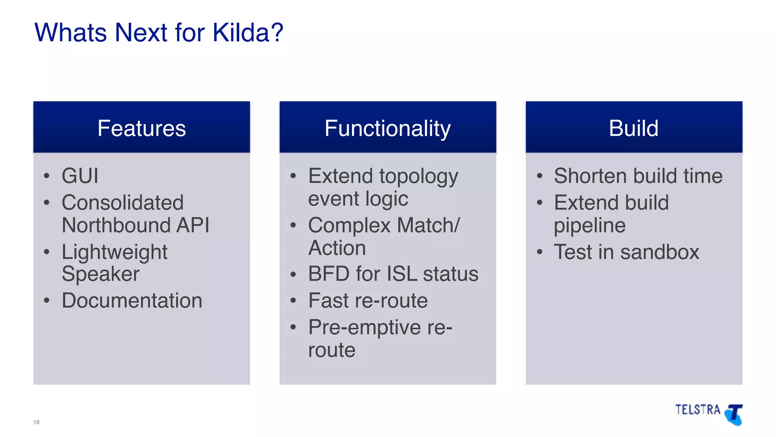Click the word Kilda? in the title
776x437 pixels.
[x=247, y=33]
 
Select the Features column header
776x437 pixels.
[x=141, y=128]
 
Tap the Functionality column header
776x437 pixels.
[x=388, y=128]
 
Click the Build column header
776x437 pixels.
[x=634, y=128]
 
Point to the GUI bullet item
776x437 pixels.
[x=80, y=176]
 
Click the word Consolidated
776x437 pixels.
[x=122, y=202]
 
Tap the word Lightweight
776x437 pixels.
[x=114, y=252]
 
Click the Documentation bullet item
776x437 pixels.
[x=132, y=300]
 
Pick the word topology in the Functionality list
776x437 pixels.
[x=418, y=177]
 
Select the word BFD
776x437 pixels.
[x=329, y=274]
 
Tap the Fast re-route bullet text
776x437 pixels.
[x=368, y=300]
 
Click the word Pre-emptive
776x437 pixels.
[x=364, y=327]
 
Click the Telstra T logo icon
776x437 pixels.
[x=734, y=414]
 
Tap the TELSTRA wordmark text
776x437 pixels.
[x=698, y=410]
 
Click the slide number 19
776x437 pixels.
[x=36, y=422]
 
